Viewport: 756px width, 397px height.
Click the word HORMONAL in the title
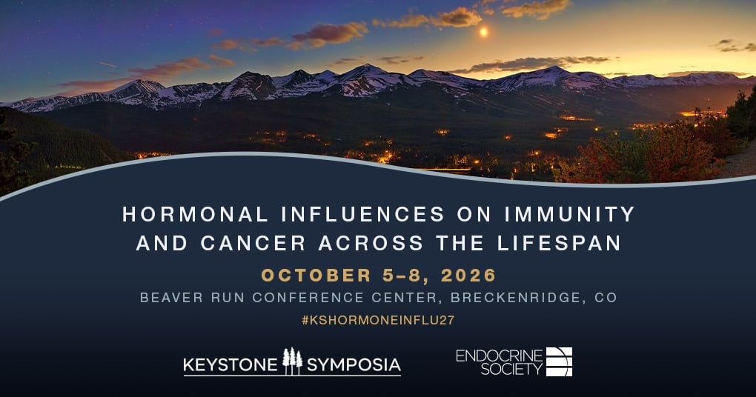[195, 214]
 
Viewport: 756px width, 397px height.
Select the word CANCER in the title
[253, 243]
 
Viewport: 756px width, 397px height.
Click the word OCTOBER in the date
[316, 275]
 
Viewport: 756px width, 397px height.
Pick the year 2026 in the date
[468, 275]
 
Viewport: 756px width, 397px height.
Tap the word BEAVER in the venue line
[171, 298]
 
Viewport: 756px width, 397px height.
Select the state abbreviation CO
[606, 298]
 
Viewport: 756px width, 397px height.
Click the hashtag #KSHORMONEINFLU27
[378, 320]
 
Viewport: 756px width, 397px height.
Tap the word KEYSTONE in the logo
[231, 365]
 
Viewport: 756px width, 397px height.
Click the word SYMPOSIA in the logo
[354, 365]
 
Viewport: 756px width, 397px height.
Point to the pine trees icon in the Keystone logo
[292, 361]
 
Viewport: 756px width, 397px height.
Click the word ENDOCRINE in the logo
[499, 356]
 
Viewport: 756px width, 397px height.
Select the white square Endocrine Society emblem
[560, 361]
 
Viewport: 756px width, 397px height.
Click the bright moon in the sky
[483, 33]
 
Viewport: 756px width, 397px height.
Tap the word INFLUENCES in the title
[362, 214]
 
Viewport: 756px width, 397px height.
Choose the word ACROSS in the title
[371, 243]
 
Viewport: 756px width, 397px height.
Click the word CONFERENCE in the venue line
[308, 298]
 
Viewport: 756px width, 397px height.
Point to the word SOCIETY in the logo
[511, 370]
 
